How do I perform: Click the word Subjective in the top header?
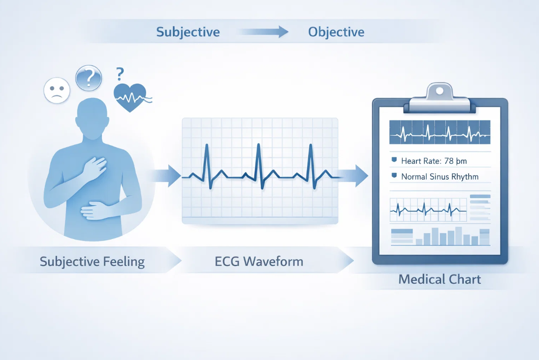coord(188,32)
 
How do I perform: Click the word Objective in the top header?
coord(336,32)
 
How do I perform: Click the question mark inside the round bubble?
coord(88,78)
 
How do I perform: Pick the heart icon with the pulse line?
coord(130,96)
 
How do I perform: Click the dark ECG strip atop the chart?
coord(440,132)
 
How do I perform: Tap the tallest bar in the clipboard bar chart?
coord(459,236)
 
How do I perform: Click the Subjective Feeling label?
coord(92,262)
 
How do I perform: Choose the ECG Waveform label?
coord(259,262)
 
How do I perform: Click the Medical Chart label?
coord(440,280)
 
